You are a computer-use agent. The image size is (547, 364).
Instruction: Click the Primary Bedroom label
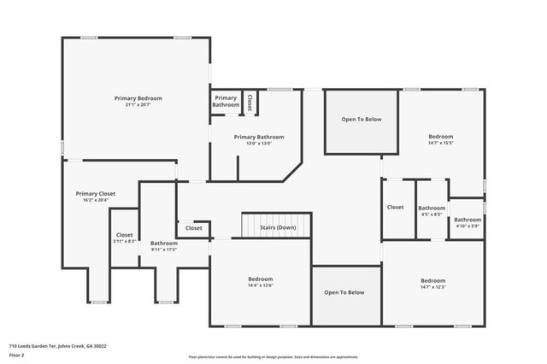coord(138,98)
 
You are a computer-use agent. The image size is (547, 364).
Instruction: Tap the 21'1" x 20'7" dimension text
coord(138,104)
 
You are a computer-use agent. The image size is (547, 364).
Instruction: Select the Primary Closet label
coord(95,194)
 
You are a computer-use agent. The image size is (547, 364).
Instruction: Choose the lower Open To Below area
coord(344,293)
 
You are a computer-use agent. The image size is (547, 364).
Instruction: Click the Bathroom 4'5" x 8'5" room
coord(432,210)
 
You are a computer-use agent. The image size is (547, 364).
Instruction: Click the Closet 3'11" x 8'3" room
coord(124,238)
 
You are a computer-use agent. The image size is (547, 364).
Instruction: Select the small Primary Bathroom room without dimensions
coord(226,101)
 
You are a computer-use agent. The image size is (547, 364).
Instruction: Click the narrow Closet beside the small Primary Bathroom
coord(250,101)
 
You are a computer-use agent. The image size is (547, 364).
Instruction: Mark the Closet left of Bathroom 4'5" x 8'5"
coord(395,208)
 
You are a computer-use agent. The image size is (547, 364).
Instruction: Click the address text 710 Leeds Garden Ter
coord(57,346)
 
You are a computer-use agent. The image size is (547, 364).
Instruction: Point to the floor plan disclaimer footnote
coord(273,356)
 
